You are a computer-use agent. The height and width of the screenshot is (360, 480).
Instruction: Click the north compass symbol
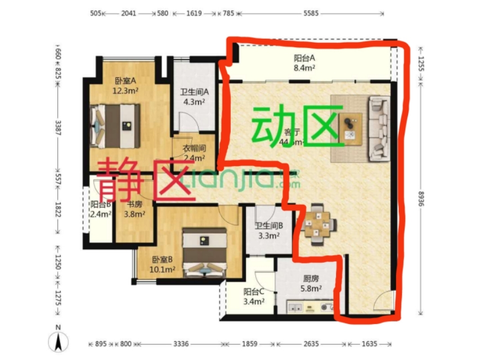(59, 339)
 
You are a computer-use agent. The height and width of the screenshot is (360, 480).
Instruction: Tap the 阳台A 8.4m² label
(304, 63)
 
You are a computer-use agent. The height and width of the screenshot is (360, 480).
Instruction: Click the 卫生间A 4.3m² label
(195, 97)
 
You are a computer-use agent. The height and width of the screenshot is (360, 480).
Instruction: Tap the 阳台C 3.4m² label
(254, 296)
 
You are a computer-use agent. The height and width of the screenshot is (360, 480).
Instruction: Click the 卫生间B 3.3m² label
(268, 231)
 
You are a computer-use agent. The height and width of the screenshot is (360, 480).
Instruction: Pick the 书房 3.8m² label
(135, 209)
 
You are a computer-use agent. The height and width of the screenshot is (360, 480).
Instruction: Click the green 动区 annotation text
(298, 126)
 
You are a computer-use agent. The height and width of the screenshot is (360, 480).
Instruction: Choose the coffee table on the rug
(352, 127)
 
